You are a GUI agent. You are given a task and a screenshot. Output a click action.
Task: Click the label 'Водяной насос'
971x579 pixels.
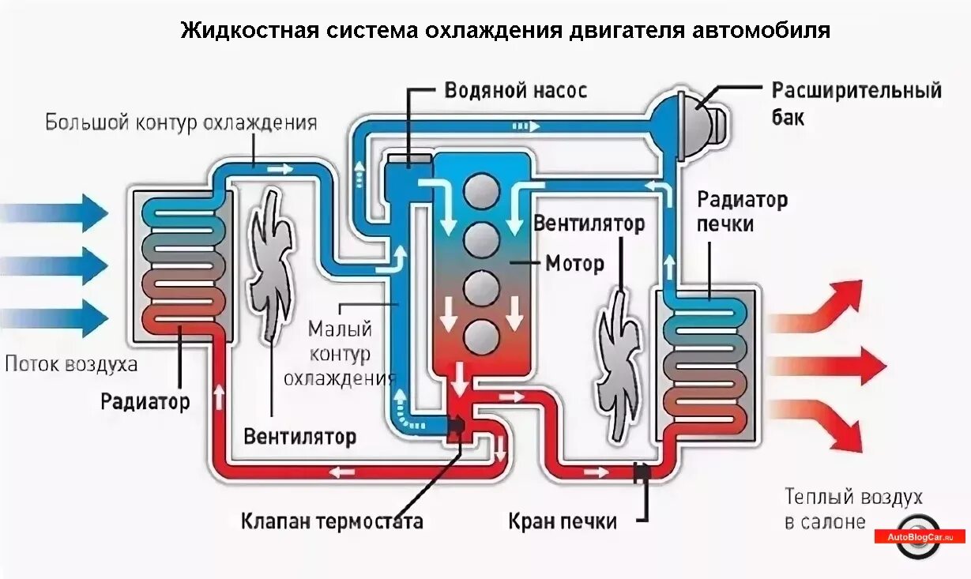[x=515, y=90]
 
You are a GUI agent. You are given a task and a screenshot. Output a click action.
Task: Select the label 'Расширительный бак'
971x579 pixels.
[x=856, y=103]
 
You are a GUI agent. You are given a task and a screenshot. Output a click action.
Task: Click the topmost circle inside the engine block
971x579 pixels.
[x=481, y=191]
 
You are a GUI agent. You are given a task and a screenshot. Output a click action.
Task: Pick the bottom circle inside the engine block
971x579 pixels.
[x=481, y=336]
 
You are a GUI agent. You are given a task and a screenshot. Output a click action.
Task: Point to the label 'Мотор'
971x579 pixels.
[x=574, y=262]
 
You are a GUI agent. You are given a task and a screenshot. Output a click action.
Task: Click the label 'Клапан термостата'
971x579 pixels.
[x=332, y=521]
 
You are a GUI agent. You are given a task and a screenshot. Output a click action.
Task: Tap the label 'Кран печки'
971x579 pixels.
[x=562, y=521]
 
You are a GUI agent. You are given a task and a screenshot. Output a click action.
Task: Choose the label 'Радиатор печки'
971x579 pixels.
[x=742, y=212]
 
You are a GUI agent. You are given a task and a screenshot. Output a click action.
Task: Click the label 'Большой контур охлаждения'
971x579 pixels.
[x=181, y=123]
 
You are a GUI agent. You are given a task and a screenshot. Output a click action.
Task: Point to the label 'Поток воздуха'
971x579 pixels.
[x=71, y=364]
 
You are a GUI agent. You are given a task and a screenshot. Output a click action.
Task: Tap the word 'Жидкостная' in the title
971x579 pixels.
[x=249, y=31]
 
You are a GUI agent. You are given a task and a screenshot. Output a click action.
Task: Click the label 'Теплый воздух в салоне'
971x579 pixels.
[x=852, y=509]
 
